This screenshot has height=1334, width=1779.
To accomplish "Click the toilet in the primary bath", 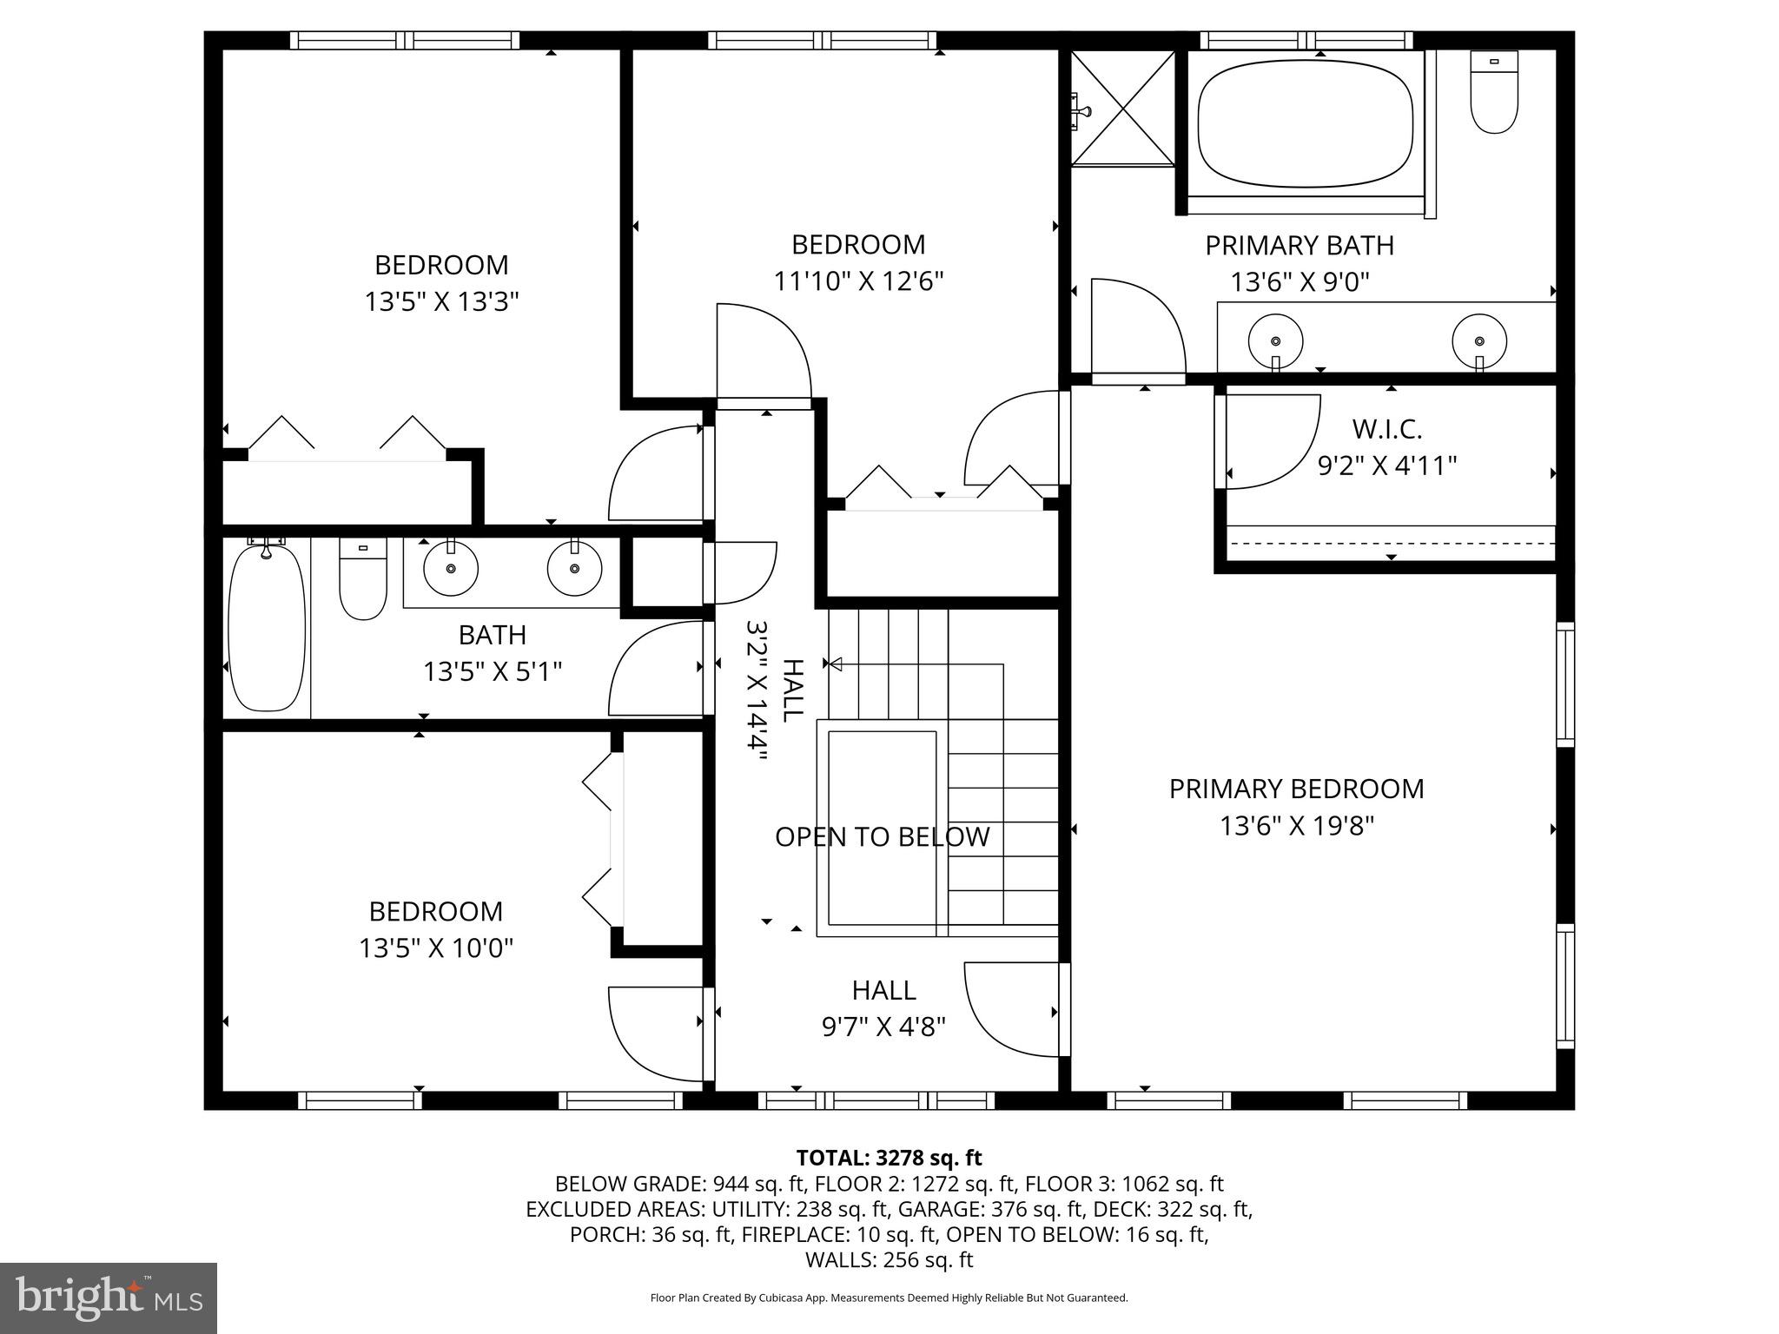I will point(1494,94).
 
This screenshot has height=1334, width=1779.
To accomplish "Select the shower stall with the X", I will point(1123,108).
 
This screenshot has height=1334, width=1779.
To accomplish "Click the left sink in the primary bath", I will point(1275,341).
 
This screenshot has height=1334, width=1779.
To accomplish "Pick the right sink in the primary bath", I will point(1478,341).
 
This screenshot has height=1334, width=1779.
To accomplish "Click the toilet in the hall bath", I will point(362,579).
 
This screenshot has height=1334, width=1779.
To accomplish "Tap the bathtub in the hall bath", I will point(267,627).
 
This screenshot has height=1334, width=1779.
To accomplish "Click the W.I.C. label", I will point(1386,429).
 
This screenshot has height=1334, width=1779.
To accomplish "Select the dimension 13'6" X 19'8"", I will point(1296,826).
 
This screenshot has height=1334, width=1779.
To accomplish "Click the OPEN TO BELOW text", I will point(882,837).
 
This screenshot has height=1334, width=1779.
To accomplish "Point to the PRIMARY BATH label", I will point(1299,246).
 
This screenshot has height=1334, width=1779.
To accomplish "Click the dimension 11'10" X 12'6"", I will point(858,281).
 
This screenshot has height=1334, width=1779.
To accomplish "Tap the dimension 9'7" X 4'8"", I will point(883,1027).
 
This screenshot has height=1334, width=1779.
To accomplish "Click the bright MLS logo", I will point(109,1298).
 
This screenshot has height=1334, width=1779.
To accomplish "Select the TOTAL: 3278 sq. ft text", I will point(889,1158).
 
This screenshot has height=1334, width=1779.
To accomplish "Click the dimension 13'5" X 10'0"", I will point(436,948).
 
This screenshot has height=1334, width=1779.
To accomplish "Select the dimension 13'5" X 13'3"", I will point(441,302).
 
